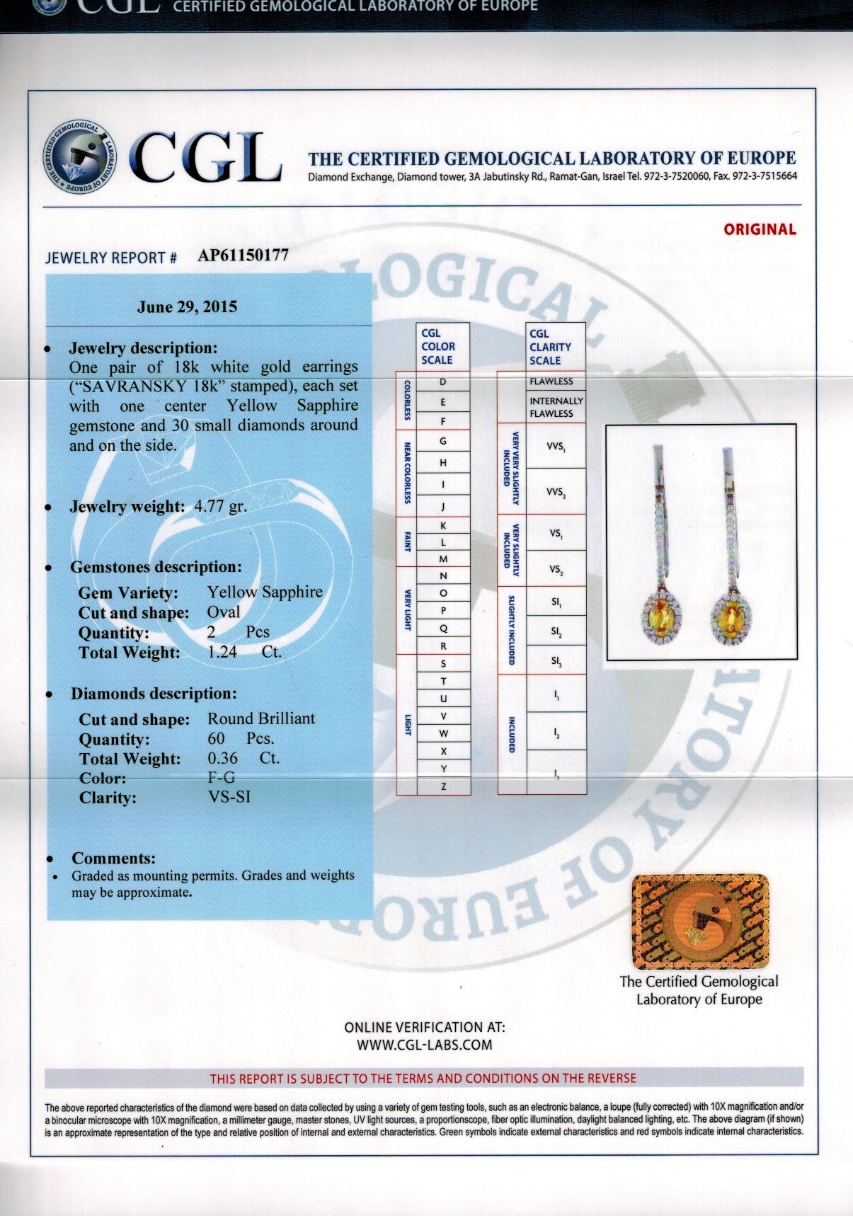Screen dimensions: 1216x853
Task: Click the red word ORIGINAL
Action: [760, 229]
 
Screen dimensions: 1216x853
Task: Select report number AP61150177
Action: [243, 256]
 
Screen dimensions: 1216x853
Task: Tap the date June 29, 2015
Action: [187, 307]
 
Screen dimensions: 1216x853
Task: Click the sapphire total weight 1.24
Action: [222, 652]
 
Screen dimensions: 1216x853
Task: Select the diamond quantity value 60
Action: [216, 738]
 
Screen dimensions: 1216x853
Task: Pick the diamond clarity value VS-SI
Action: [229, 797]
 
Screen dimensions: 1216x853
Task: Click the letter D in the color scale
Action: [443, 382]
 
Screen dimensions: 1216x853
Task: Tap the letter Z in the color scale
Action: [443, 786]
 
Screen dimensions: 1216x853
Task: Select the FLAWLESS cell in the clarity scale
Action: [551, 382]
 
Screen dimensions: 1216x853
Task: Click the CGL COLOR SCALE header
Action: [438, 346]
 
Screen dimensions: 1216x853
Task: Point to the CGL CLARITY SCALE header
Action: [550, 347]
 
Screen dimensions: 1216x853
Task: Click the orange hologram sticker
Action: [699, 922]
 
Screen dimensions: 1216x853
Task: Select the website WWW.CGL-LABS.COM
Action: [424, 1045]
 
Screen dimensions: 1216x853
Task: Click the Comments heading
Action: [113, 859]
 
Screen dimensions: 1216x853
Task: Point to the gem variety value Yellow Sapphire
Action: [265, 592]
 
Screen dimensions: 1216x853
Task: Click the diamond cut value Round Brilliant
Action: [261, 718]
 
